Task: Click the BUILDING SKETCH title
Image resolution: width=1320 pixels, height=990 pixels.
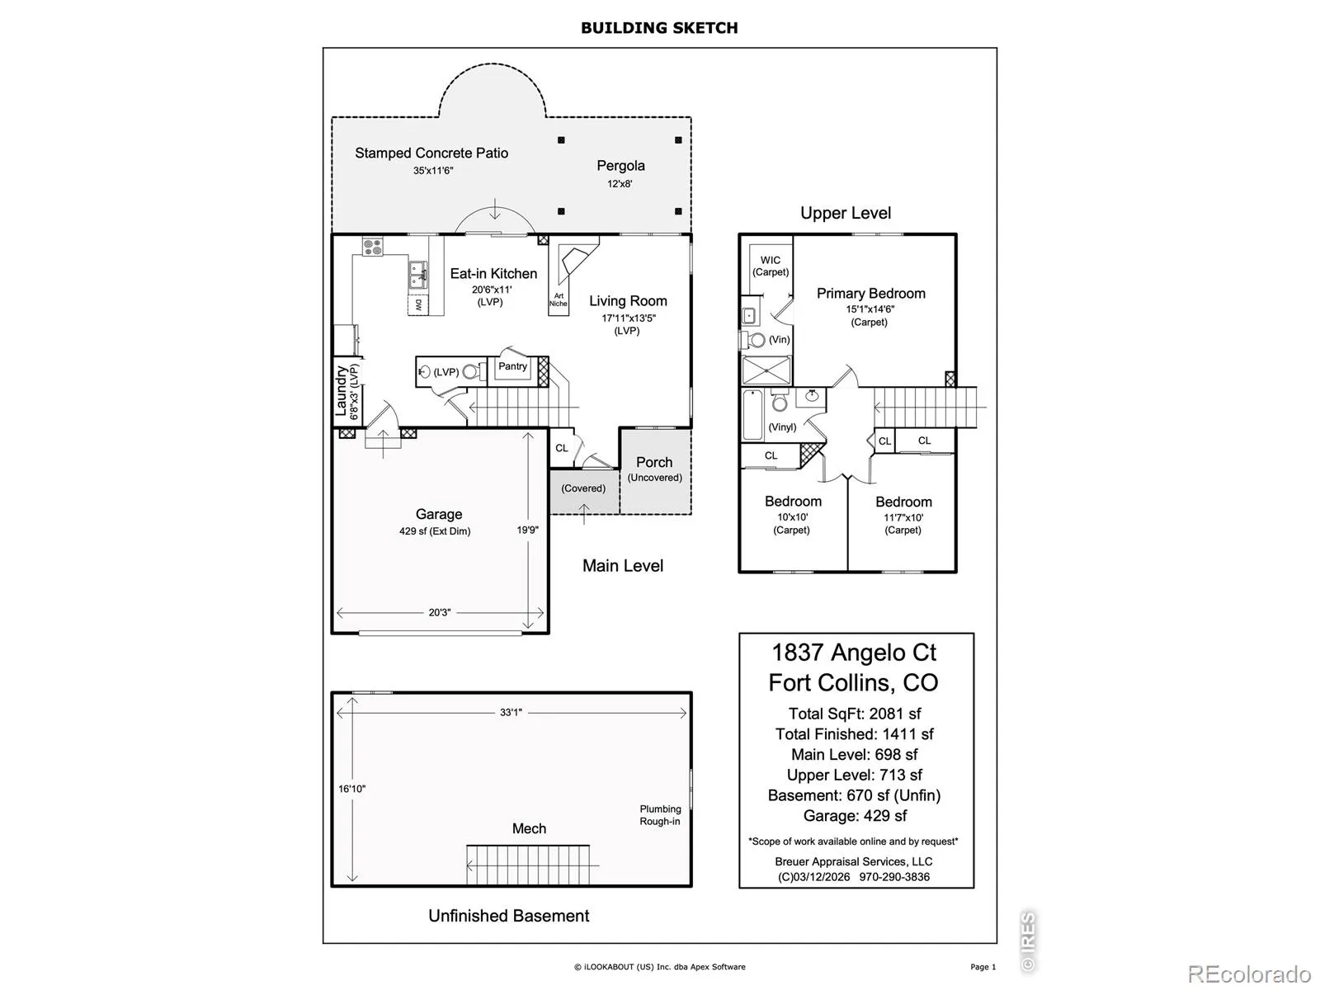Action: pos(659,28)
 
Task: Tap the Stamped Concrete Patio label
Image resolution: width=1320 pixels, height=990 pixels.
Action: pos(431,153)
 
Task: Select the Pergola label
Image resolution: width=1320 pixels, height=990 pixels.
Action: pos(620,166)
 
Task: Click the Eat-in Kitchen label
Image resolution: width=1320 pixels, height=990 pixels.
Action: pos(493,274)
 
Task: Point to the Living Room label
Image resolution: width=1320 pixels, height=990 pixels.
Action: pos(628,301)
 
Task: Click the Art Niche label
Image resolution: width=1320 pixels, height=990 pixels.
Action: pos(559,299)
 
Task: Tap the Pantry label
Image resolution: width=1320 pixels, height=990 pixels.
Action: pos(512,366)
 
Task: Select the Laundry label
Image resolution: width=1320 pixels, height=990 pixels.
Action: pos(341,391)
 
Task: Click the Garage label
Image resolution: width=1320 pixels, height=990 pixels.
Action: pos(438,514)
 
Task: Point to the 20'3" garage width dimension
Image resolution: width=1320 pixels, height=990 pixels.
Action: pos(439,613)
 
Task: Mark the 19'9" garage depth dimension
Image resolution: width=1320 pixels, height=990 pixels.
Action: pos(527,530)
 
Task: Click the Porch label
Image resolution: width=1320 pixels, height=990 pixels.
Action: pos(654,463)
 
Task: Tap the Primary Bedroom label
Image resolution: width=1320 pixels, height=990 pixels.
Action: pos(870,294)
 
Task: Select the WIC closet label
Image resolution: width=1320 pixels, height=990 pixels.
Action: pos(770,261)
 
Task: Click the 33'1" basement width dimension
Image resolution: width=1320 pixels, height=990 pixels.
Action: pos(511,712)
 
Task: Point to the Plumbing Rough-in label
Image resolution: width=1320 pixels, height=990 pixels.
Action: pos(660,815)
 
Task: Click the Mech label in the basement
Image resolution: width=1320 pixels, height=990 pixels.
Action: pos(529,828)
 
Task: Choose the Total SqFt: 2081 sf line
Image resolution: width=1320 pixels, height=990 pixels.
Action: pos(855,714)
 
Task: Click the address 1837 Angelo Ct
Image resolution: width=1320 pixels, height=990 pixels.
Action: pos(854,653)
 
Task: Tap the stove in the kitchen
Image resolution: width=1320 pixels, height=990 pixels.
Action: pos(372,246)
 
